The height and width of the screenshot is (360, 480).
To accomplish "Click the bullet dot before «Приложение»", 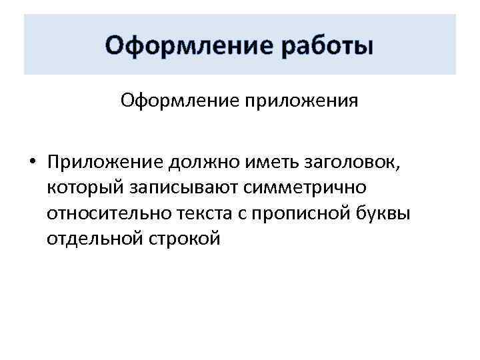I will pos(31,164).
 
